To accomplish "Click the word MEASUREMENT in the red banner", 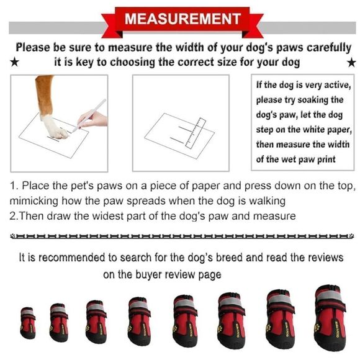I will (182, 19).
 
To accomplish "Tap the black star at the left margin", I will (16, 62).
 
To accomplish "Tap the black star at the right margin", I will (351, 62).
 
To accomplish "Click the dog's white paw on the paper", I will (55, 128).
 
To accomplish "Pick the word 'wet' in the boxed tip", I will (291, 159).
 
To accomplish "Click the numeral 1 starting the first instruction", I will (13, 187).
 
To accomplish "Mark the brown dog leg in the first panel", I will (44, 93).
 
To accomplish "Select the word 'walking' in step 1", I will (268, 201).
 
